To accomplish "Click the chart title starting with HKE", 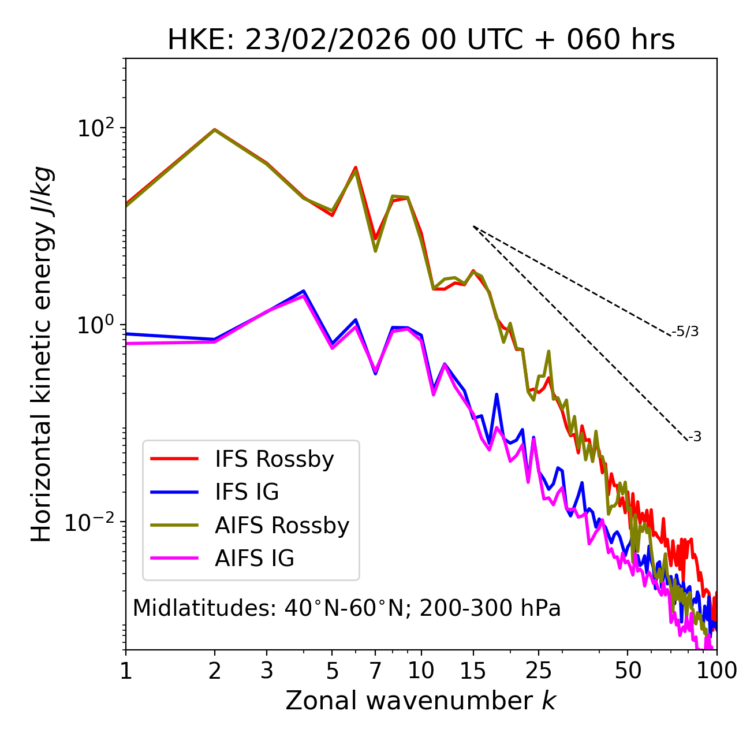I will (421, 40).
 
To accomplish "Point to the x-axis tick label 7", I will (375, 671).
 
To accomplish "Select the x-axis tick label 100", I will (716, 671).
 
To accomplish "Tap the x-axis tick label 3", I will (267, 671).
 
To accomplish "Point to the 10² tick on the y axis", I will (95, 128).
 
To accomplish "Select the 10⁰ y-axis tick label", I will (95, 325).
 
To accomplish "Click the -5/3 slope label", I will (685, 332).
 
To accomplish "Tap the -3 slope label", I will (695, 437).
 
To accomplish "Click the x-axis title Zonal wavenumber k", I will (421, 701).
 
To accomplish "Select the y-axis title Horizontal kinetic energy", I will (42, 354).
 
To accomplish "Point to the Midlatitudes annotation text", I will (346, 608).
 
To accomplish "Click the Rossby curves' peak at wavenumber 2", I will (215, 129).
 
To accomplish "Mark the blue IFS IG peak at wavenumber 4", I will (304, 291).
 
